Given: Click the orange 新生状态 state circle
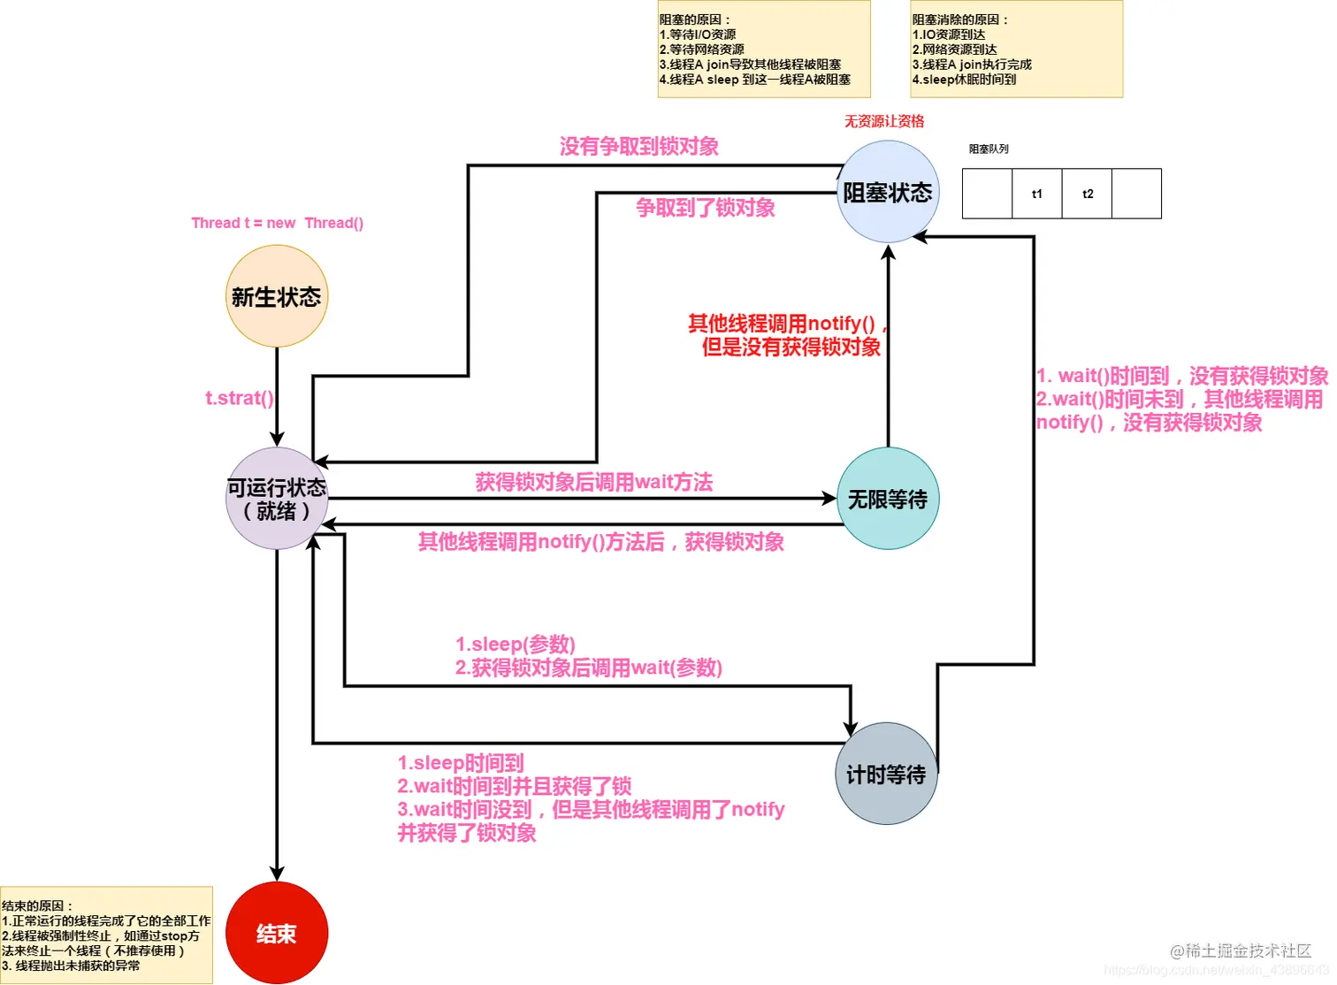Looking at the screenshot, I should pyautogui.click(x=277, y=296).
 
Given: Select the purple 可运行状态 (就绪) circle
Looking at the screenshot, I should pyautogui.click(x=277, y=499).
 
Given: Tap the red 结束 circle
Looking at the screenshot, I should pyautogui.click(x=277, y=933).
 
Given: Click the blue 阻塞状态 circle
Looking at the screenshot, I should pyautogui.click(x=888, y=192).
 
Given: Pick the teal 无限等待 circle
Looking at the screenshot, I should pyautogui.click(x=888, y=499).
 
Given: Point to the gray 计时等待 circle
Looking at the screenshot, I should pyautogui.click(x=886, y=774).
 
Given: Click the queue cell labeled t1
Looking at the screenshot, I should pyautogui.click(x=1037, y=194).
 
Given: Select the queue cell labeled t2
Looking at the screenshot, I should pyautogui.click(x=1088, y=194).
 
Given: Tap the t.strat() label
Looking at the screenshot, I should pyautogui.click(x=240, y=398).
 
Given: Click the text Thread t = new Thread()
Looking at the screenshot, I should pyautogui.click(x=277, y=223).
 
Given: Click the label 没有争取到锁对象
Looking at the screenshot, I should pyautogui.click(x=638, y=146).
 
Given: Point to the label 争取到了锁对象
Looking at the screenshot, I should pyautogui.click(x=705, y=208).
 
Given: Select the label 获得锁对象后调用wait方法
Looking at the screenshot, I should pyautogui.click(x=593, y=482).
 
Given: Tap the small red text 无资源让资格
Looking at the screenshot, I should pyautogui.click(x=883, y=121).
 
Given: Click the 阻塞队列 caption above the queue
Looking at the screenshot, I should pyautogui.click(x=989, y=149).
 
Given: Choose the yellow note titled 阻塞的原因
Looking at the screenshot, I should pyautogui.click(x=764, y=49).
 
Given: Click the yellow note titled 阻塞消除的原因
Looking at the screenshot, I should pyautogui.click(x=1017, y=49).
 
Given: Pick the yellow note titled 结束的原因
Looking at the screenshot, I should pyautogui.click(x=106, y=935).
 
